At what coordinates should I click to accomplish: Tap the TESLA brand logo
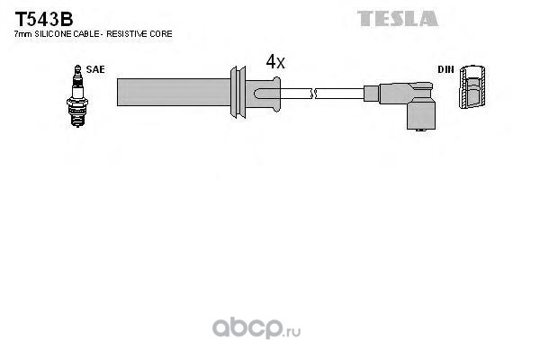tap(398, 18)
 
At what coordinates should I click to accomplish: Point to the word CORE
tap(161, 33)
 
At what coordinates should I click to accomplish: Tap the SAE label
tap(94, 68)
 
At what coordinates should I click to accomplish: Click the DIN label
tap(445, 68)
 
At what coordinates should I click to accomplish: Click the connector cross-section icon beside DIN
tap(472, 90)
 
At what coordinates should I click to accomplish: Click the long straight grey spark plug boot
tap(171, 91)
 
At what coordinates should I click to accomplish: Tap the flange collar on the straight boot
tap(238, 91)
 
